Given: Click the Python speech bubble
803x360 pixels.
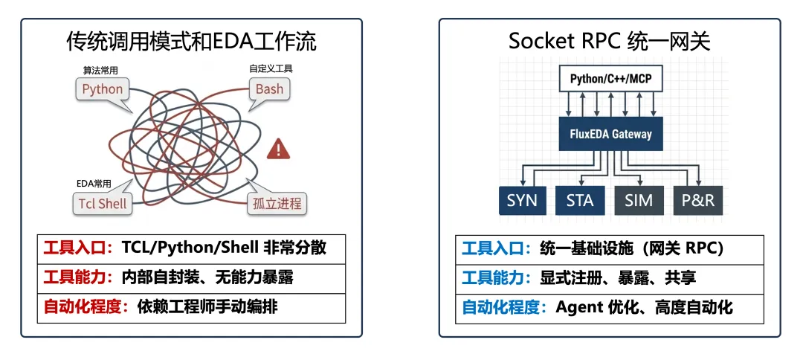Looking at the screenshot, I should point(103,90).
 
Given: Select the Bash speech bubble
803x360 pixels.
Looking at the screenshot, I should point(270,89).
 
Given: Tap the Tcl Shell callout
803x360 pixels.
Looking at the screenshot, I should point(103,203).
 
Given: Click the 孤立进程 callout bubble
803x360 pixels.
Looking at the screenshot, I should point(276,203).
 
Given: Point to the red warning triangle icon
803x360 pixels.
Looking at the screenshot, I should point(279,148).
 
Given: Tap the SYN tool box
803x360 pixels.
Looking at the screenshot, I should point(523,200).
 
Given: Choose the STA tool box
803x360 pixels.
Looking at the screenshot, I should point(581,200).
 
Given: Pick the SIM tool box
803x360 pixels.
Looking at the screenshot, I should point(639,200).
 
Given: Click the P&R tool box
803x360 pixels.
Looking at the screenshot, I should point(697,200).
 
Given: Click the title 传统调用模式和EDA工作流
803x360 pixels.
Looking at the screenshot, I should point(191,42).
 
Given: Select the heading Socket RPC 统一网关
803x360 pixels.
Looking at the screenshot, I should point(610,42).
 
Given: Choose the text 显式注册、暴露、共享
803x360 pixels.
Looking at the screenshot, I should point(618,277).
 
